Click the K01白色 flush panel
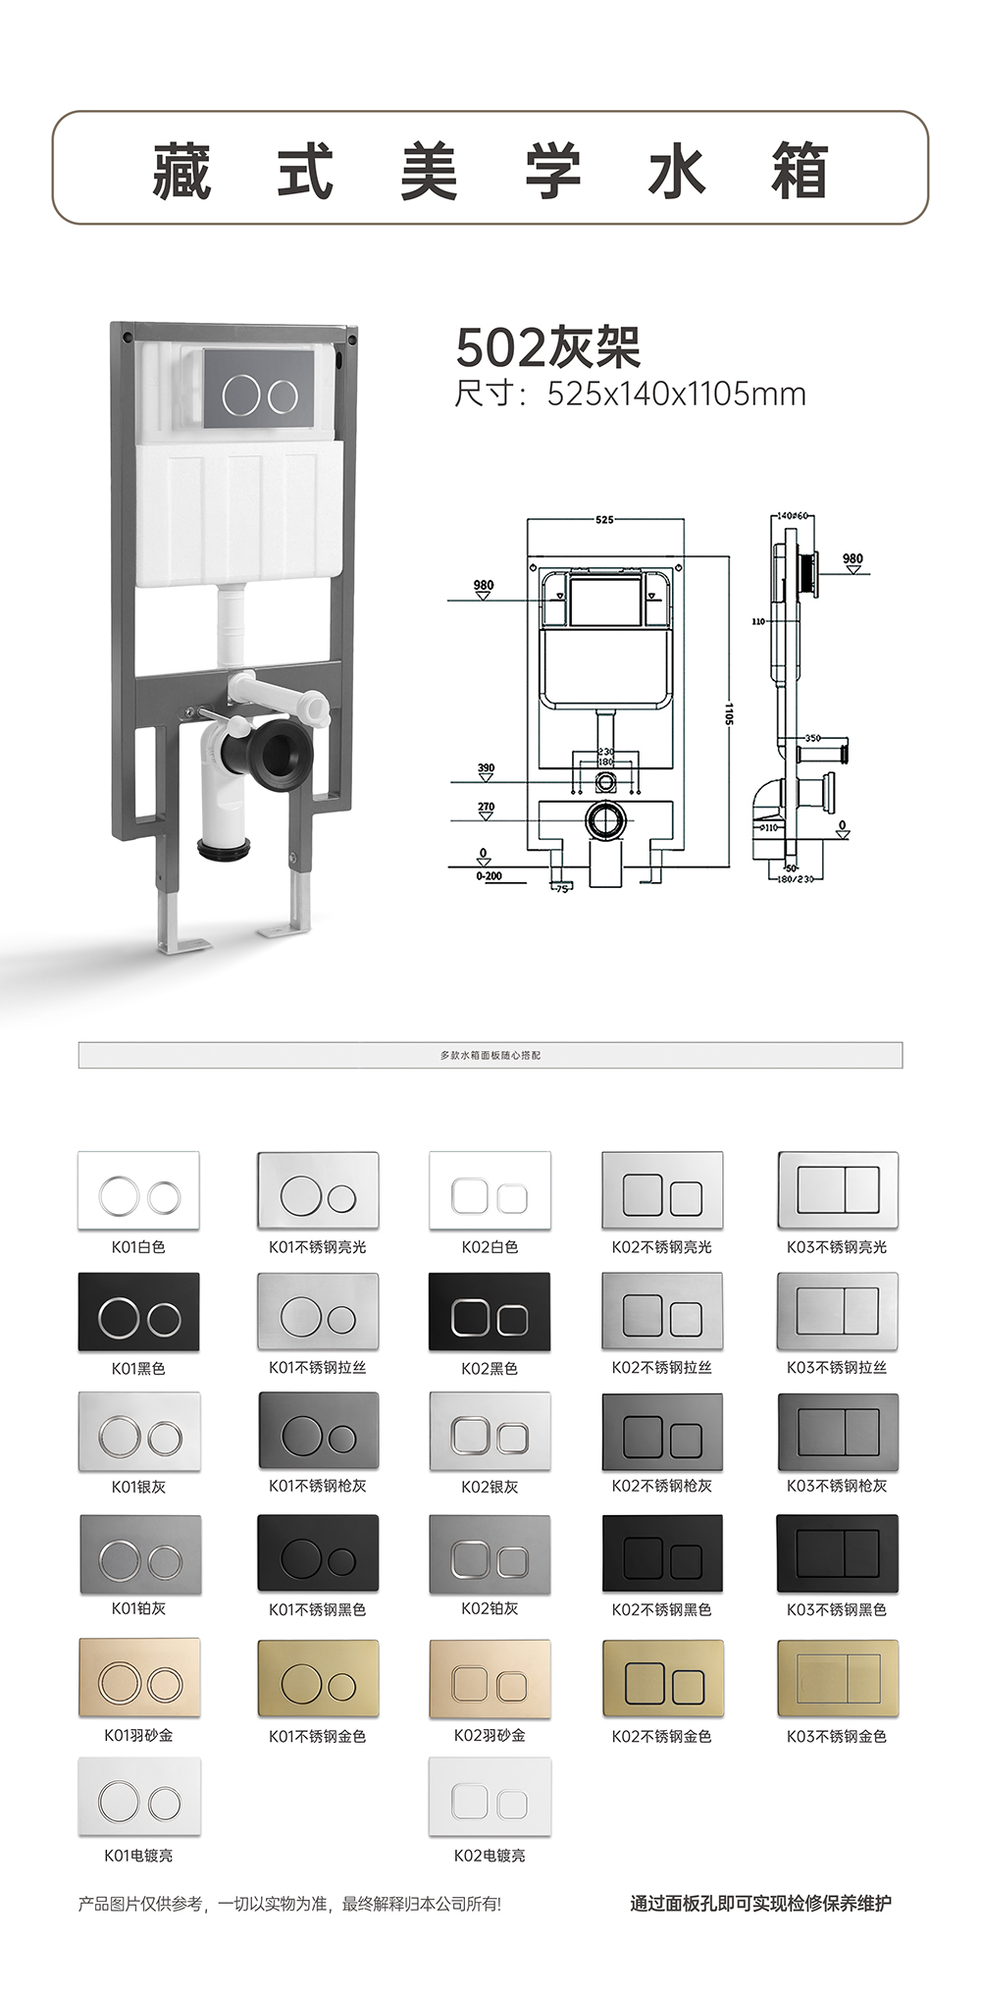[138, 1189]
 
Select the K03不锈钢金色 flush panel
[837, 1676]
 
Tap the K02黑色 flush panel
[490, 1311]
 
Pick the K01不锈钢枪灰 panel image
[318, 1431]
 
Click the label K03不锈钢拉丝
[837, 1367]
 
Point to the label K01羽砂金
[138, 1735]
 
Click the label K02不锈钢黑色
[661, 1609]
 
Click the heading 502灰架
[548, 346]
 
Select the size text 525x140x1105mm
[676, 394]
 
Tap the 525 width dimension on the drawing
[604, 520]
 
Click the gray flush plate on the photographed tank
[258, 390]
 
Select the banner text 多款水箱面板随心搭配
[490, 1055]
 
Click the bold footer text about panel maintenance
[760, 1904]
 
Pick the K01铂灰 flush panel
[139, 1554]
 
